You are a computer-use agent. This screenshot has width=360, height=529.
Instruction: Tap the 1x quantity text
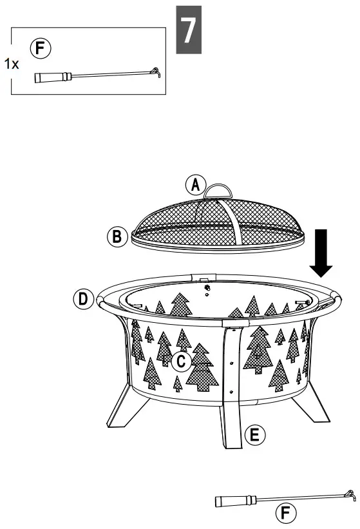coord(11,63)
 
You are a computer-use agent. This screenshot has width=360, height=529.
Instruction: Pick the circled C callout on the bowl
coord(181,362)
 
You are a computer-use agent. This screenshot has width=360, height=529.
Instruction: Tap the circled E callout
coord(255,436)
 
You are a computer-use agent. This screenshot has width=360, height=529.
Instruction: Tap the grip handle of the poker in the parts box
coord(50,77)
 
